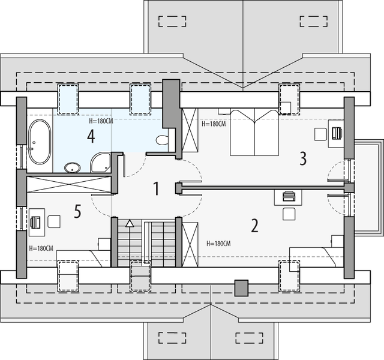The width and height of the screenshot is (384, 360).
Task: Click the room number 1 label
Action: click(x=156, y=189)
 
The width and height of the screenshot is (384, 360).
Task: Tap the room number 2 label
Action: click(x=254, y=226)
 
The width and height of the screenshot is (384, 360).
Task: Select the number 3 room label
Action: click(x=303, y=158)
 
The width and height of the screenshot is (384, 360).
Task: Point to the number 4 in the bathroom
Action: click(x=91, y=136)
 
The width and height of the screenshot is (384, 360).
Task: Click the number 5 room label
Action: click(x=77, y=211)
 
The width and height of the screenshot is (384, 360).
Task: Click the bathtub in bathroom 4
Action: click(x=40, y=142)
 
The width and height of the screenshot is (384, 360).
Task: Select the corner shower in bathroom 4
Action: click(x=100, y=161)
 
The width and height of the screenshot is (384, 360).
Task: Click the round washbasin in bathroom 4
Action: click(x=72, y=168)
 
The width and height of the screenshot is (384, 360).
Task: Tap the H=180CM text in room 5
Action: click(x=41, y=248)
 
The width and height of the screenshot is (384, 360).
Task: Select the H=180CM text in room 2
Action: click(x=218, y=244)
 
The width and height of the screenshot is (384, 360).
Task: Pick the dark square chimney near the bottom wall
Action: click(x=241, y=287)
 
